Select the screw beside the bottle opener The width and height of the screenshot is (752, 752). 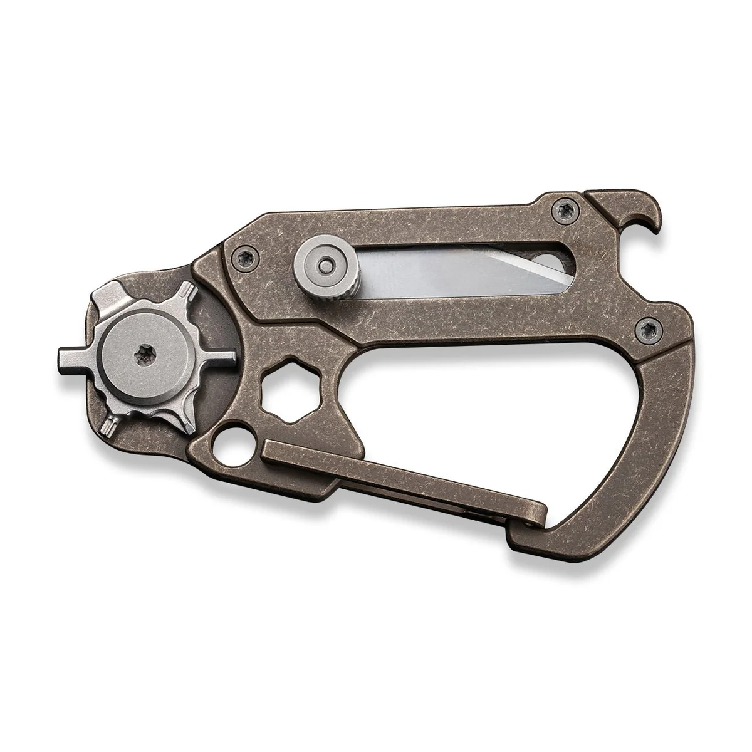point(560,211)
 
